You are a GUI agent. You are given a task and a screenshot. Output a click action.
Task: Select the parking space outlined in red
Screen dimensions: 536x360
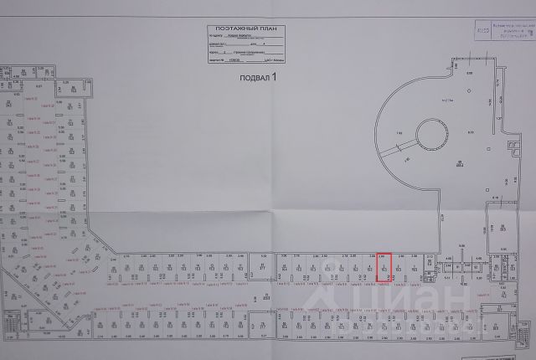384,266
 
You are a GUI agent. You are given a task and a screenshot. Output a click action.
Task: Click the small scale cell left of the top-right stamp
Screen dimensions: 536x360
479,28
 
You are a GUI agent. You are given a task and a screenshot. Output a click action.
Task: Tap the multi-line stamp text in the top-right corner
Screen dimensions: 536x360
513,31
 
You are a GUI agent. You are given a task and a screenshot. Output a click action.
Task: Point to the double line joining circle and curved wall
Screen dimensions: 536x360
394,150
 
